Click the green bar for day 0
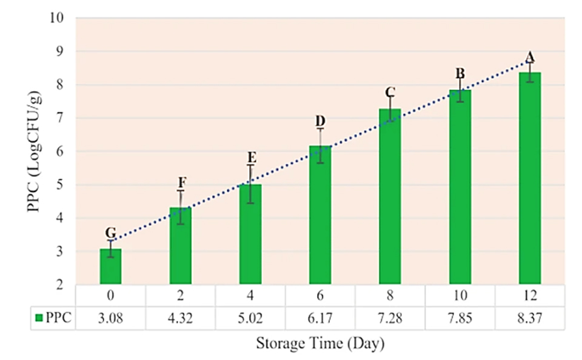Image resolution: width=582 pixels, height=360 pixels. point(110,267)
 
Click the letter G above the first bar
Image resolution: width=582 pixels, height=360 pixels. point(110,233)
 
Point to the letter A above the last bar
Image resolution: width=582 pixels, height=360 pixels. point(530,58)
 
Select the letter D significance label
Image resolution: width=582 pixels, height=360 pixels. point(320,121)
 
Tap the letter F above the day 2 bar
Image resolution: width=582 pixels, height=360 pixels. point(181,182)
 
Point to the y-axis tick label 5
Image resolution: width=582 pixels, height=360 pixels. point(61,185)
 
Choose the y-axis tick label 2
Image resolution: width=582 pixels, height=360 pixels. point(61,285)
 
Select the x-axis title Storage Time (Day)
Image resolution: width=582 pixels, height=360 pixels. point(321,344)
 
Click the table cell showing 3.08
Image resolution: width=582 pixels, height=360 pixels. point(110,318)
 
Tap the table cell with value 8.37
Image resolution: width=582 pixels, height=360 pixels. point(530,318)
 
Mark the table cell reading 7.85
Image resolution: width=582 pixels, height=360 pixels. point(460,318)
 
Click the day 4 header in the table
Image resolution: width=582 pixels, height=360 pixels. point(250,296)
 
